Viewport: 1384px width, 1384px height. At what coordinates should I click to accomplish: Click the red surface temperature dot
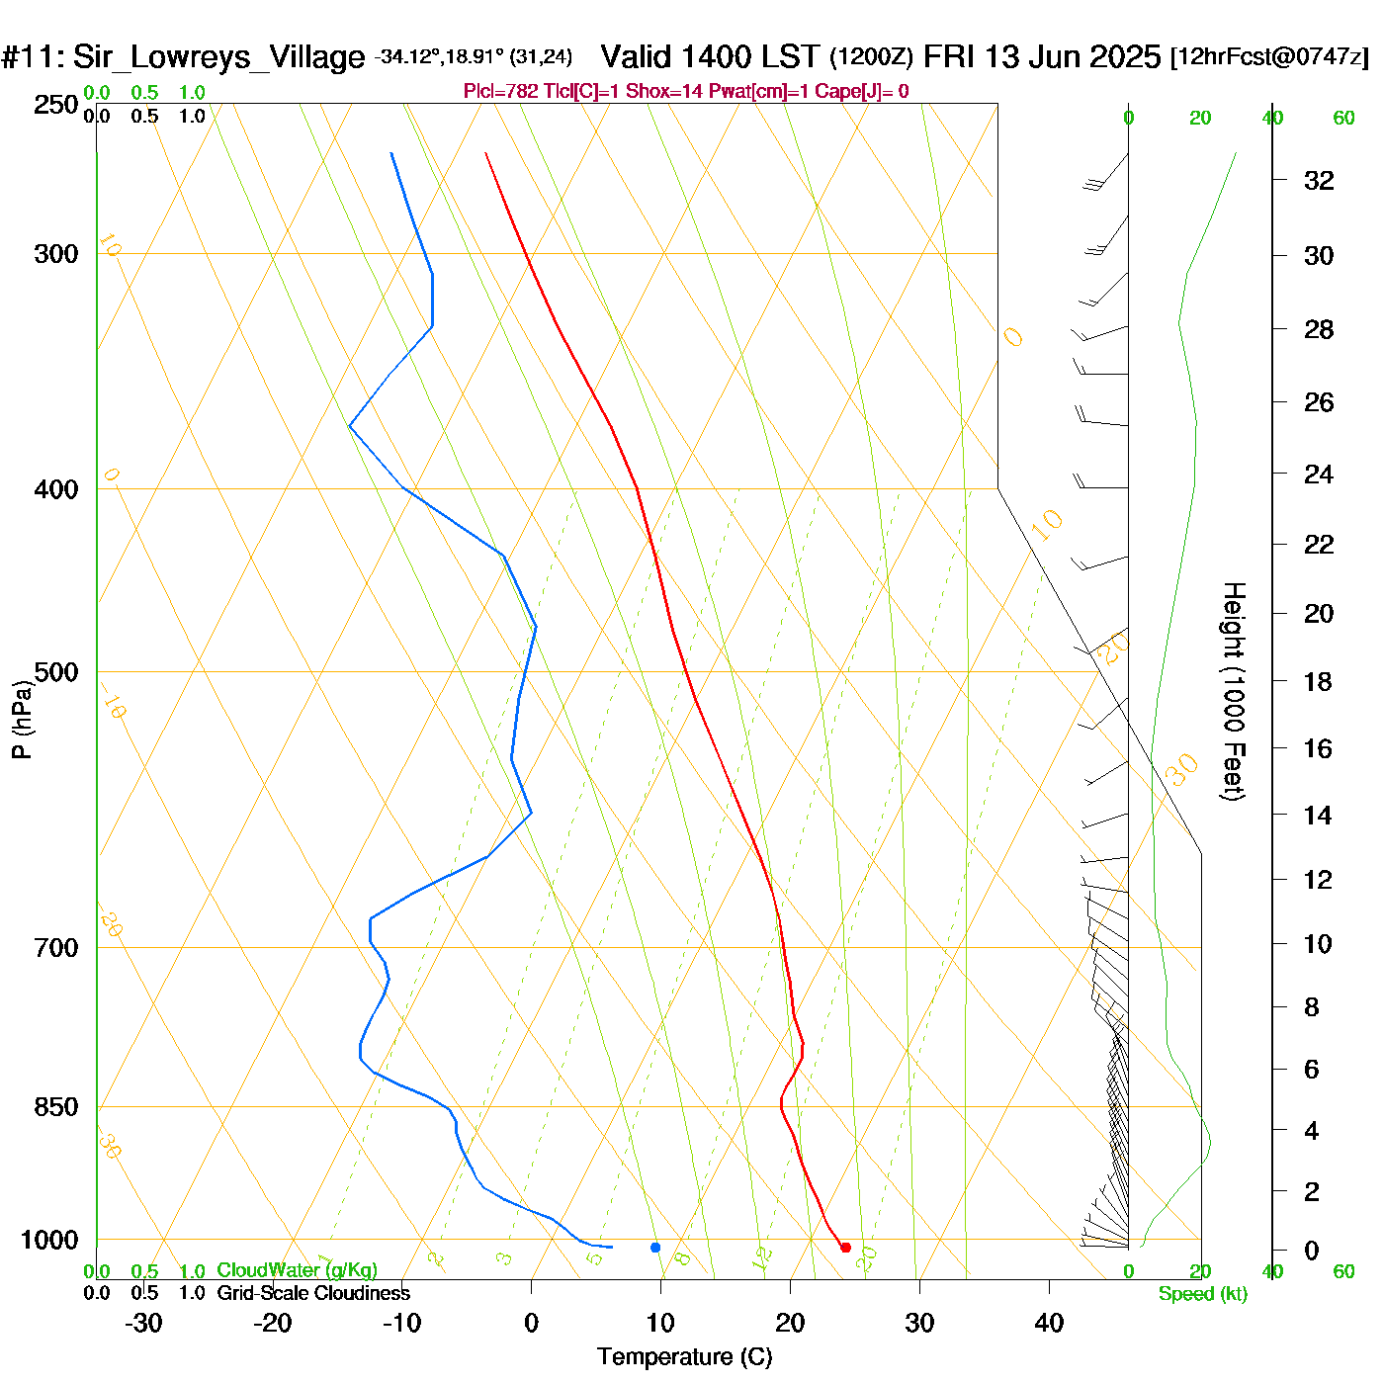click(845, 1248)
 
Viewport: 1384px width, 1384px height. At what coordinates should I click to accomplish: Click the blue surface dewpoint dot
click(655, 1248)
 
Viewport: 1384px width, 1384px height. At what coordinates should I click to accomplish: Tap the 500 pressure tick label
click(56, 672)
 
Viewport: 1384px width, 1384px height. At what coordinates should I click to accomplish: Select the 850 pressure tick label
click(56, 1107)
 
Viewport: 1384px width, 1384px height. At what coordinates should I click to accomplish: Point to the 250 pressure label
click(56, 105)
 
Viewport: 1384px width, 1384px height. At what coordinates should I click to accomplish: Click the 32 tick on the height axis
click(1319, 180)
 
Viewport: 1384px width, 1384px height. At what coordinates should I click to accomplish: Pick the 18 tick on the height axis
click(1318, 681)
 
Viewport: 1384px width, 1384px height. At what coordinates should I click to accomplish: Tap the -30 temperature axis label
click(143, 1323)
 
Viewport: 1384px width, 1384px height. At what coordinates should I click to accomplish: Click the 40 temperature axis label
click(1049, 1323)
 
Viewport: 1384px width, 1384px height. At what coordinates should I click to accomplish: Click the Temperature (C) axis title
click(684, 1356)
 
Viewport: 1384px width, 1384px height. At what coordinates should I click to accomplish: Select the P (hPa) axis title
click(22, 720)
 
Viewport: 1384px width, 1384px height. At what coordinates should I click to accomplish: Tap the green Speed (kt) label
click(1202, 1294)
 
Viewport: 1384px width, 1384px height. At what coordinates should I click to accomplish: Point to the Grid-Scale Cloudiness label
click(313, 1293)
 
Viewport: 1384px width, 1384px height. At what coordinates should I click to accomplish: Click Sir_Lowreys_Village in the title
click(218, 56)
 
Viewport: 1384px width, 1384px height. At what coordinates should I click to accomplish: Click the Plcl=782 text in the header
click(501, 92)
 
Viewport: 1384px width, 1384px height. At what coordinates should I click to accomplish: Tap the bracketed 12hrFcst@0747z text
click(1269, 56)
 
